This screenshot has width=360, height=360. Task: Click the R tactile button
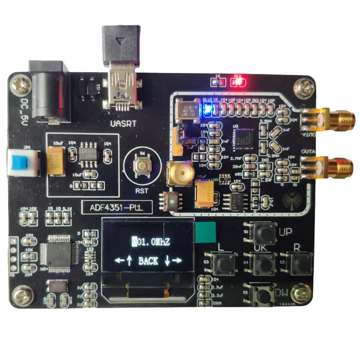301,263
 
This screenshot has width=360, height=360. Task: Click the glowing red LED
236,82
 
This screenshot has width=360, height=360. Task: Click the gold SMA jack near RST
179,173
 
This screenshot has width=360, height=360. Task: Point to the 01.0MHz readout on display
151,242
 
